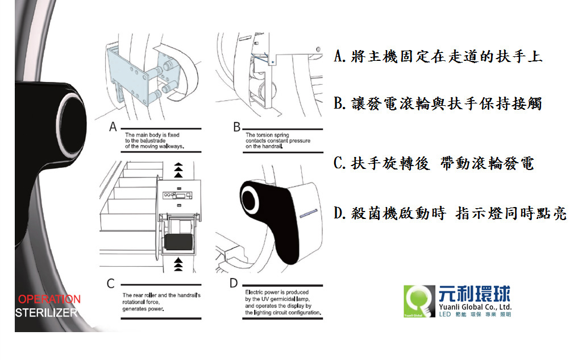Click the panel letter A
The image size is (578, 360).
[113, 127]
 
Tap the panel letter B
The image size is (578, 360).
[236, 127]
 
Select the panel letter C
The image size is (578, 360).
[111, 283]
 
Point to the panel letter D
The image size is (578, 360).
[234, 283]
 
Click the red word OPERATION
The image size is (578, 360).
[49, 299]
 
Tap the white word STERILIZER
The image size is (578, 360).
[47, 313]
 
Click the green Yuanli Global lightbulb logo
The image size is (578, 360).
[419, 301]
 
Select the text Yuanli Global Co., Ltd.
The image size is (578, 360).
[475, 307]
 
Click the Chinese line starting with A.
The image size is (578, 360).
[438, 56]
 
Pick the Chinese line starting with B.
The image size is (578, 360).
[438, 104]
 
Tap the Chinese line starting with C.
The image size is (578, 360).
[434, 163]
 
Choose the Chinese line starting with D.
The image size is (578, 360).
[450, 213]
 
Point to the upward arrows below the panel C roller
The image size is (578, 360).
[178, 265]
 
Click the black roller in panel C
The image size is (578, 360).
[179, 242]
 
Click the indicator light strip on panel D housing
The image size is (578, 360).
[309, 214]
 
